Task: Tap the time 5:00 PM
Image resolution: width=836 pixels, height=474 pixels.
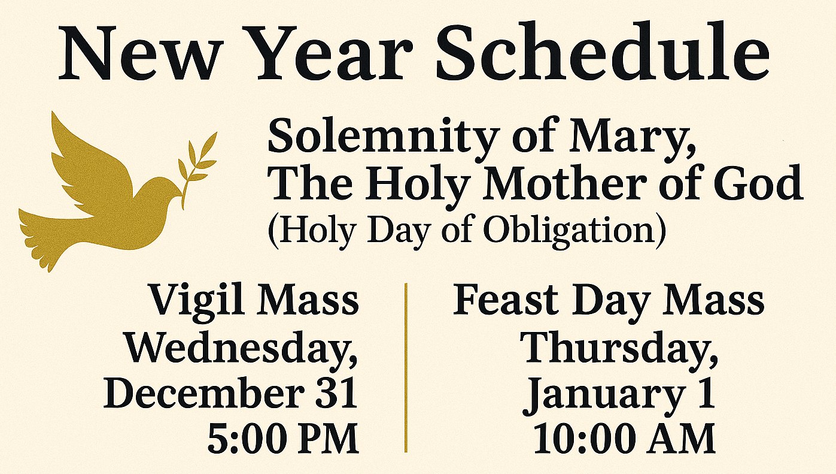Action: click(282, 439)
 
